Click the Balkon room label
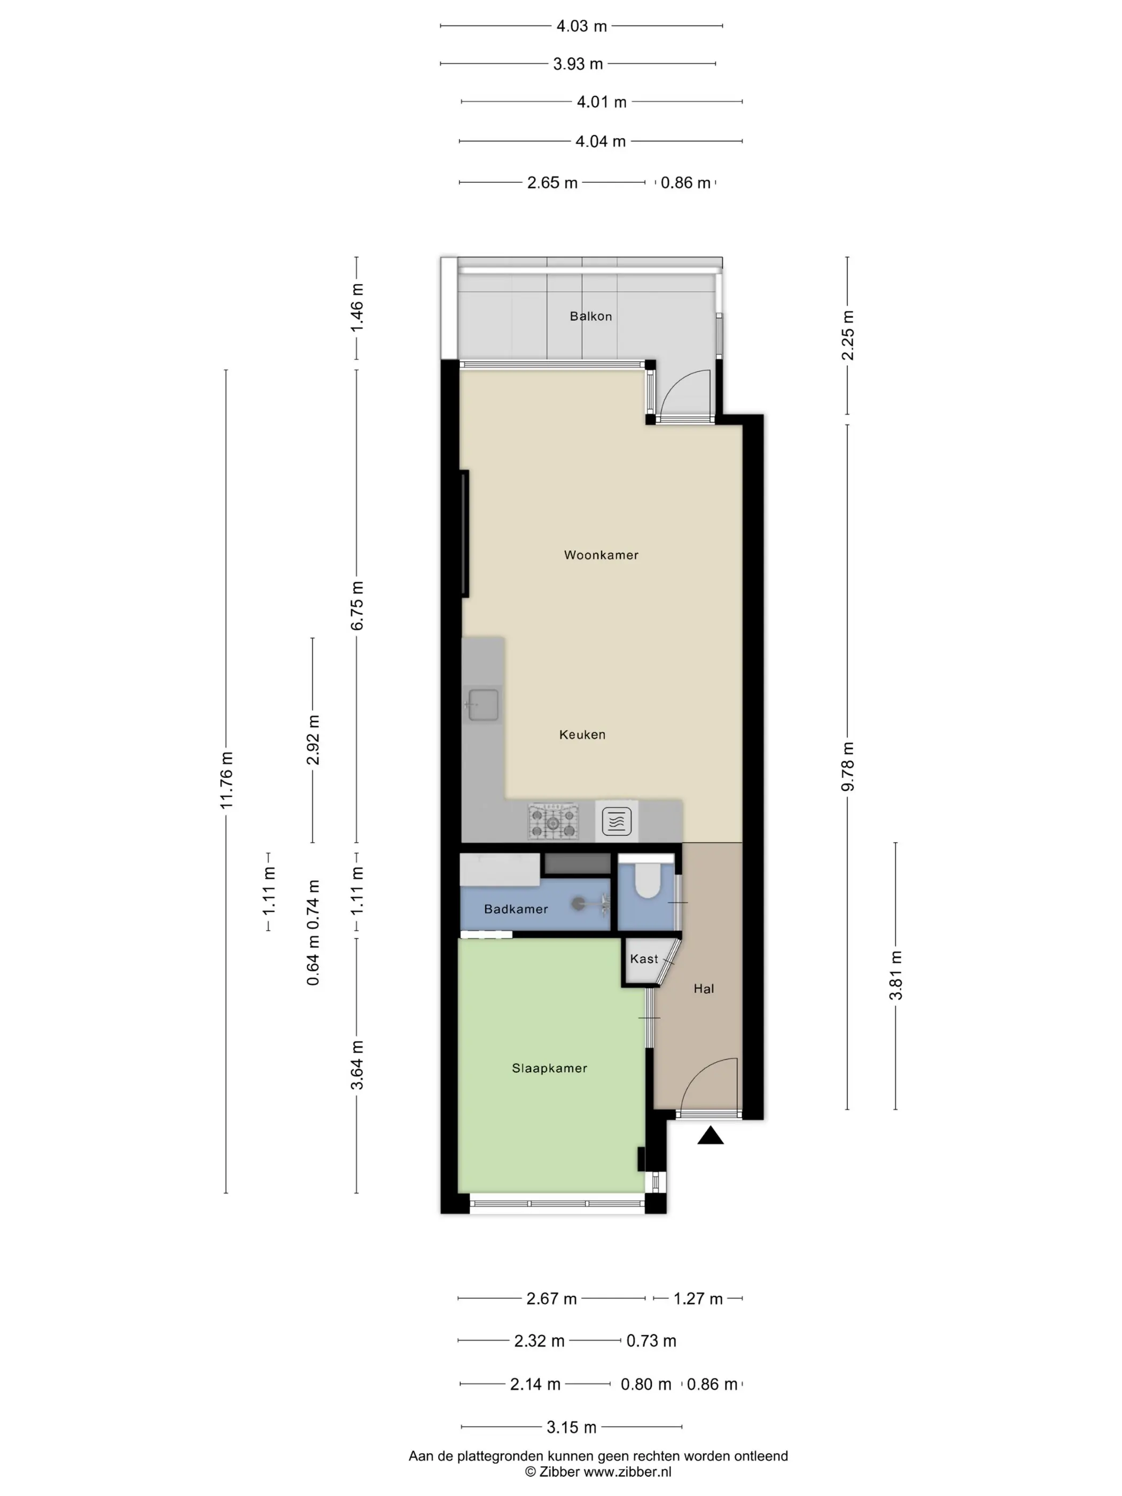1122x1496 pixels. click(590, 316)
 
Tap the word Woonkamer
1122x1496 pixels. click(601, 555)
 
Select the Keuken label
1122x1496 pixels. click(582, 735)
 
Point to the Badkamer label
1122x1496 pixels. click(516, 909)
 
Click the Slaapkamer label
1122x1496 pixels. click(549, 1068)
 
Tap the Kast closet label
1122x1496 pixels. click(643, 959)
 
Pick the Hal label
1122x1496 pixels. click(703, 989)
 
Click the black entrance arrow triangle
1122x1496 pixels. click(710, 1135)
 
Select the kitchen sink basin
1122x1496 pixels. click(483, 704)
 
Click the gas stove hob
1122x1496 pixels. click(553, 821)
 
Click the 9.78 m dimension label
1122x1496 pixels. click(847, 766)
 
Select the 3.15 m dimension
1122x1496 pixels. click(572, 1427)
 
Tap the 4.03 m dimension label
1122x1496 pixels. click(582, 26)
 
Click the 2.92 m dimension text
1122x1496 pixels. click(313, 739)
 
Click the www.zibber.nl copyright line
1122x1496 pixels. click(598, 1471)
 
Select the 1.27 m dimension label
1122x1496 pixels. click(698, 1298)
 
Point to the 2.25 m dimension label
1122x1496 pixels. click(847, 336)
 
